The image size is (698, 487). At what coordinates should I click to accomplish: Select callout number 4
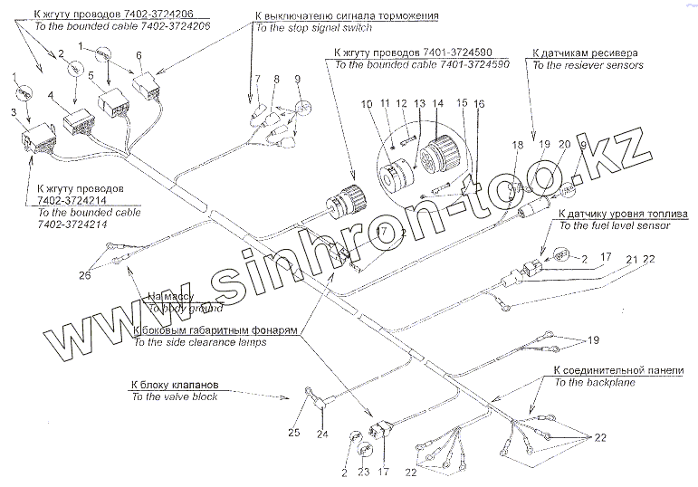[x=52, y=95]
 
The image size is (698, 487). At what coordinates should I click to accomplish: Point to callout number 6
[x=139, y=55]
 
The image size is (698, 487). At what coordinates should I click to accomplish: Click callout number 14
[x=440, y=103]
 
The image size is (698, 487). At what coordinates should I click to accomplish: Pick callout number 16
[x=479, y=104]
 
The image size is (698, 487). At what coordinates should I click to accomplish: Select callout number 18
[x=517, y=145]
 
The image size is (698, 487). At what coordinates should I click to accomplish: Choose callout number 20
[x=563, y=145]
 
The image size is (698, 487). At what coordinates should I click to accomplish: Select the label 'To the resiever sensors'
[x=587, y=65]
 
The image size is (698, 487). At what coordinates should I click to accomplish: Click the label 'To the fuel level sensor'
[x=615, y=225]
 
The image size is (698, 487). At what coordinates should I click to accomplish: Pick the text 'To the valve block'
[x=174, y=396]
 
